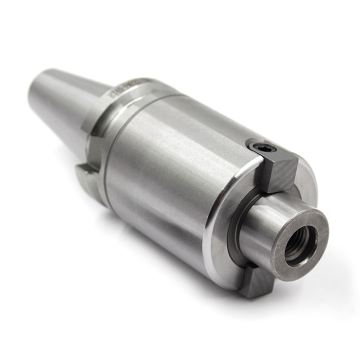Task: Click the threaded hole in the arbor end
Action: click(x=300, y=245)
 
